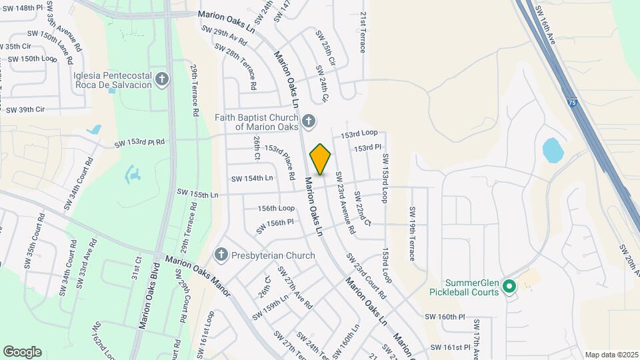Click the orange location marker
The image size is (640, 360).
click(x=320, y=159)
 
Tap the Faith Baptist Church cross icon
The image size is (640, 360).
click(x=308, y=121)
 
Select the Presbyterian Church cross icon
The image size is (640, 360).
click(x=221, y=255)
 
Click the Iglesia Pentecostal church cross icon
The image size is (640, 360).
click(x=161, y=81)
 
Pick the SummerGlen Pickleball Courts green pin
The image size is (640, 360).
click(x=509, y=287)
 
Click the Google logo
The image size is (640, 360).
click(x=22, y=351)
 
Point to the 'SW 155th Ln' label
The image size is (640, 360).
click(x=197, y=193)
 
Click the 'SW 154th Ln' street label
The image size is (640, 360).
click(x=252, y=178)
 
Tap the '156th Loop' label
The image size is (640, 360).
click(x=276, y=208)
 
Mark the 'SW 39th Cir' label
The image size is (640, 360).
click(x=25, y=109)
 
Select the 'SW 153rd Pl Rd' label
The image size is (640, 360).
click(x=139, y=143)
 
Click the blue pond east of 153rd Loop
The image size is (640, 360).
click(x=553, y=151)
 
